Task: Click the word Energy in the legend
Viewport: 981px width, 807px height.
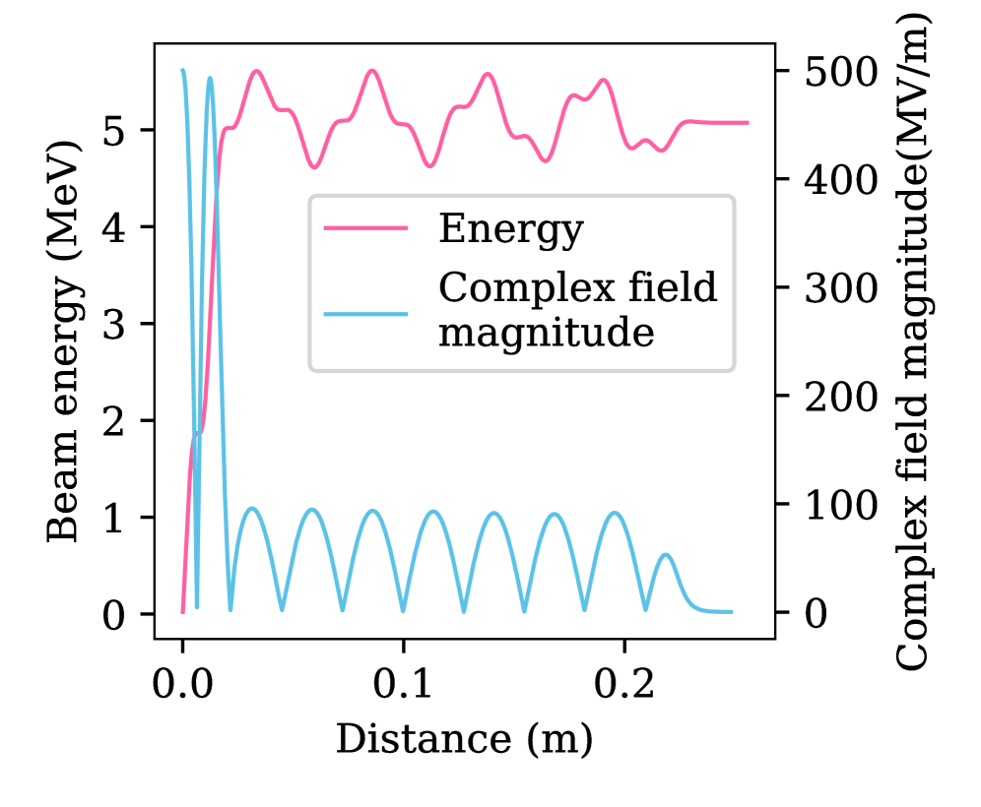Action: point(510,229)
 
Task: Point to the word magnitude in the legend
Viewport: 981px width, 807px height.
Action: point(546,334)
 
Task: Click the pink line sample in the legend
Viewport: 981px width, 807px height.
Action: point(365,228)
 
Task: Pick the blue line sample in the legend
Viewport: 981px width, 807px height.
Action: point(365,314)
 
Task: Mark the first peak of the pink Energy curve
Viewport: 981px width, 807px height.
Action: point(257,71)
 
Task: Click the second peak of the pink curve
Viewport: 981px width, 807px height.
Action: point(371,71)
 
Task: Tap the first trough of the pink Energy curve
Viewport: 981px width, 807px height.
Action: point(314,167)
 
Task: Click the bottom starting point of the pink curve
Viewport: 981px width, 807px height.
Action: point(183,610)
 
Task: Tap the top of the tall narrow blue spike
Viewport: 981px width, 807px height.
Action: point(210,78)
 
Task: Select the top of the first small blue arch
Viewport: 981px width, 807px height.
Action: point(253,509)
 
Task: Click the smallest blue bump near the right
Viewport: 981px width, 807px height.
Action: point(667,555)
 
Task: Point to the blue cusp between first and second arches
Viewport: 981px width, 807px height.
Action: point(283,610)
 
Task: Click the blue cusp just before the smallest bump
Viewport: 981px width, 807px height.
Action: point(645,608)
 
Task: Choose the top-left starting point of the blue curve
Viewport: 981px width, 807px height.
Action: point(182,71)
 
